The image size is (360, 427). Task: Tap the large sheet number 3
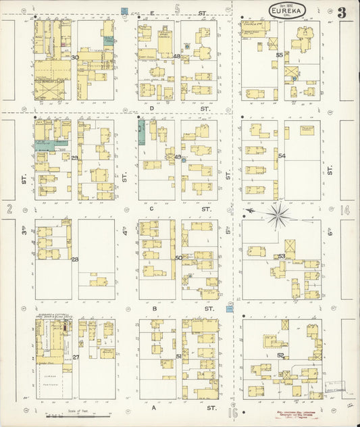(342, 11)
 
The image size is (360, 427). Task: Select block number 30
(75, 57)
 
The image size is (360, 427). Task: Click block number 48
(177, 56)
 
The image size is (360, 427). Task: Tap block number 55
(280, 55)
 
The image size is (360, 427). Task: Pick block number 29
(74, 157)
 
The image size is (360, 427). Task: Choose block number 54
(282, 156)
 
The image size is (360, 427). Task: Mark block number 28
(75, 259)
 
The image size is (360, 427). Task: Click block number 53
(281, 256)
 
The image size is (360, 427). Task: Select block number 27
(76, 357)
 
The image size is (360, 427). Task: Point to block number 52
(280, 355)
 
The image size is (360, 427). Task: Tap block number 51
(178, 356)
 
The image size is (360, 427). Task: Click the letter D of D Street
(152, 108)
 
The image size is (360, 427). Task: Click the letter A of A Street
(154, 409)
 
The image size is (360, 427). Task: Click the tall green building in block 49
(141, 132)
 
